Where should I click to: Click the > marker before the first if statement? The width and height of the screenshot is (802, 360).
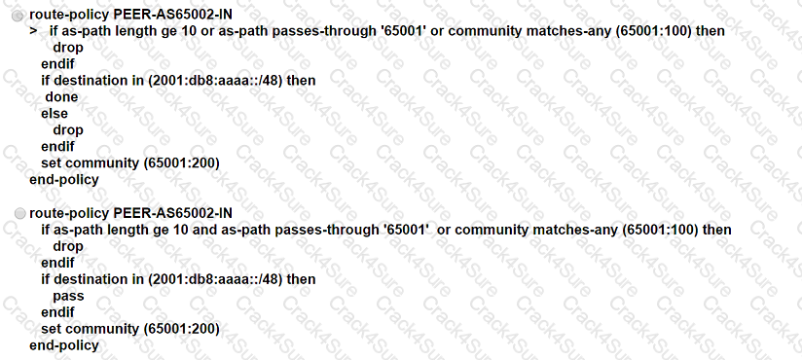click(33, 31)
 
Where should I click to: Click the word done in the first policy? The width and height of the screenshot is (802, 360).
click(61, 97)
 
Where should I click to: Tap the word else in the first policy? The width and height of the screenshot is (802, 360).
click(55, 114)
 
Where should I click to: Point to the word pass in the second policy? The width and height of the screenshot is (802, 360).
click(68, 296)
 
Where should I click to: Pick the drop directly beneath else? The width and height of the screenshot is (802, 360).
click(68, 130)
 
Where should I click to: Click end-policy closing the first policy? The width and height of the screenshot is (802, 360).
click(64, 180)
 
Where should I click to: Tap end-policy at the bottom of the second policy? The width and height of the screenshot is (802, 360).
click(64, 345)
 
